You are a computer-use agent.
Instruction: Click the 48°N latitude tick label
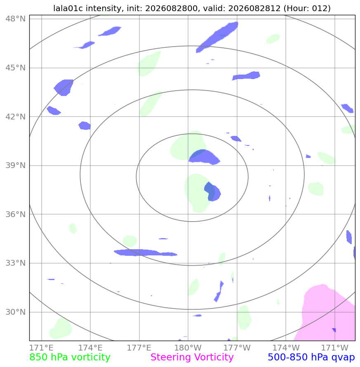16,19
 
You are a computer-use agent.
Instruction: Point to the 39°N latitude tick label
16,166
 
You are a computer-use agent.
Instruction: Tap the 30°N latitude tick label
16,312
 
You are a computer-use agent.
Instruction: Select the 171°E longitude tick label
42,348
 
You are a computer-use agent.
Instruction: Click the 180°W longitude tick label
188,348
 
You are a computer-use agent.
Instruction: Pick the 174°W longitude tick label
286,348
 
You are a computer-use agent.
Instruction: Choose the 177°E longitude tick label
139,348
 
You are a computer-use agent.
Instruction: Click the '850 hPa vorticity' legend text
70,357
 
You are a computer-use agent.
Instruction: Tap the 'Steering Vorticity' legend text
192,357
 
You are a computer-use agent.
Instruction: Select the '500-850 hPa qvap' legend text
311,357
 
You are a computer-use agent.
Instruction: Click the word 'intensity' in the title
104,8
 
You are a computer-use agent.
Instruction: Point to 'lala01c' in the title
68,8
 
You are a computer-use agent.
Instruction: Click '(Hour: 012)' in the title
307,8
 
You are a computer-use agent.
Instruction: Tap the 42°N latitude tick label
16,117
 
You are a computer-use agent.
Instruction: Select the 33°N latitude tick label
16,263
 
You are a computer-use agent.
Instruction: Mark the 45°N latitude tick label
16,68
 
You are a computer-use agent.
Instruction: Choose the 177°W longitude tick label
237,348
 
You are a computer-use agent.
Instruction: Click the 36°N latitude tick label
16,214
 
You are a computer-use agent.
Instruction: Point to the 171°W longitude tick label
335,348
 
